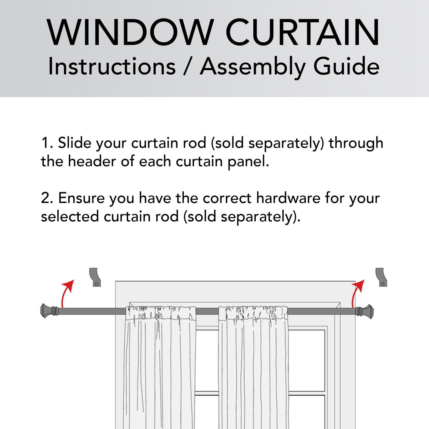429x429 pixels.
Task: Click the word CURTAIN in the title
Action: point(303,32)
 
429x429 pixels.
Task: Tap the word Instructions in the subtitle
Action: point(112,66)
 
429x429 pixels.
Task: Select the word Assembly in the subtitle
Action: point(253,67)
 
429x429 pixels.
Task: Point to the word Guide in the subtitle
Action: point(346,66)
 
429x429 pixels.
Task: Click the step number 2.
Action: point(47,198)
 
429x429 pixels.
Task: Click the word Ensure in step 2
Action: point(82,198)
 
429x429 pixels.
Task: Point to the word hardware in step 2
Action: point(288,198)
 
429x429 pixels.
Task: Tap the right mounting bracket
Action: point(381,277)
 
